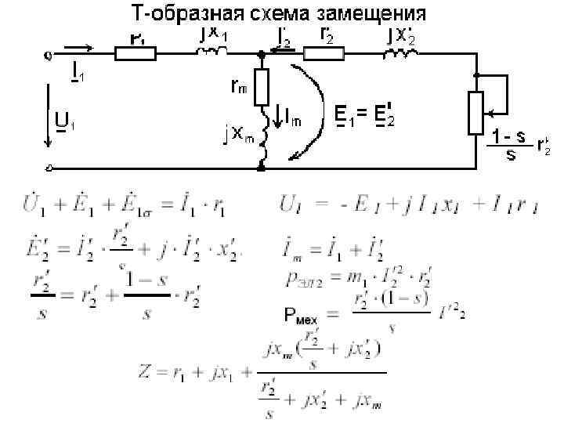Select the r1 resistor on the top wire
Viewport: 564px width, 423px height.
click(x=136, y=54)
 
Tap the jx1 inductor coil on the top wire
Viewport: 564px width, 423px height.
click(x=213, y=52)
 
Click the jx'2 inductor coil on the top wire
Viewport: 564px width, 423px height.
click(x=400, y=52)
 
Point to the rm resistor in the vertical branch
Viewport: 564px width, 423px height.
click(x=262, y=85)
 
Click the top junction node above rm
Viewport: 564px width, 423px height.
click(x=262, y=55)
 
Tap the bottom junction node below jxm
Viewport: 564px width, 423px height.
click(x=262, y=167)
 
